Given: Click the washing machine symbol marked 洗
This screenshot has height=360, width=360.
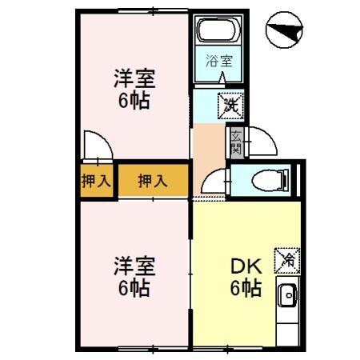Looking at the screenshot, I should point(230,102).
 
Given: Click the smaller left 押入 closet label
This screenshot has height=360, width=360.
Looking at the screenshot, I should point(96,181).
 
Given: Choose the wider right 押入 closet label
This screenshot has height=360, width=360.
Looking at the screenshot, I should point(152,181).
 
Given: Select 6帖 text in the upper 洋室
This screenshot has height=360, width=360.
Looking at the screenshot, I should point(134,102).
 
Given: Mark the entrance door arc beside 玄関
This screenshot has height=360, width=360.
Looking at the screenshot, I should point(260,144).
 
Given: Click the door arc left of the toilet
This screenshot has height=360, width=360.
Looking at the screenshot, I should point(214,182).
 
